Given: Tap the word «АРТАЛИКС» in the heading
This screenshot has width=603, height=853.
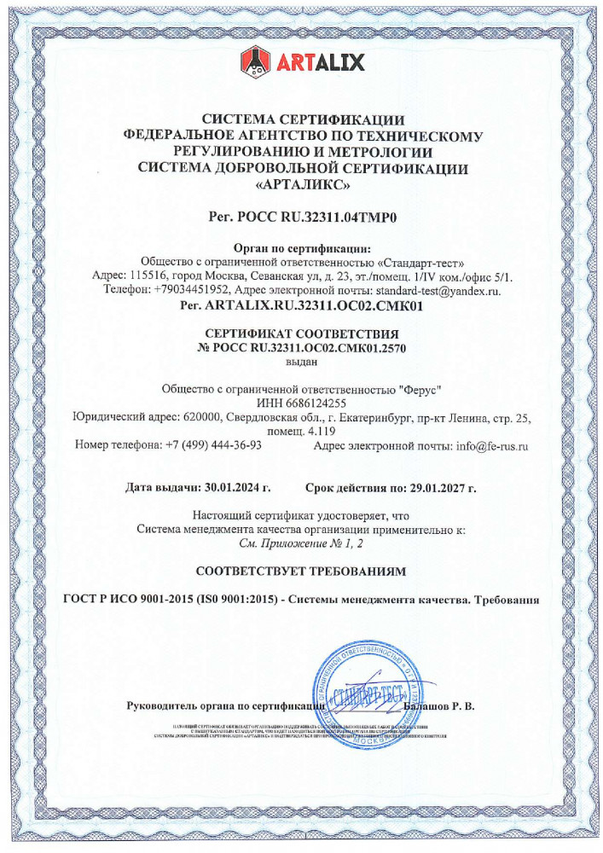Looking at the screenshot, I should pos(303,184).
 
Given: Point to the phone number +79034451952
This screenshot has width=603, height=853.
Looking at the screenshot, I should pos(185,291).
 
